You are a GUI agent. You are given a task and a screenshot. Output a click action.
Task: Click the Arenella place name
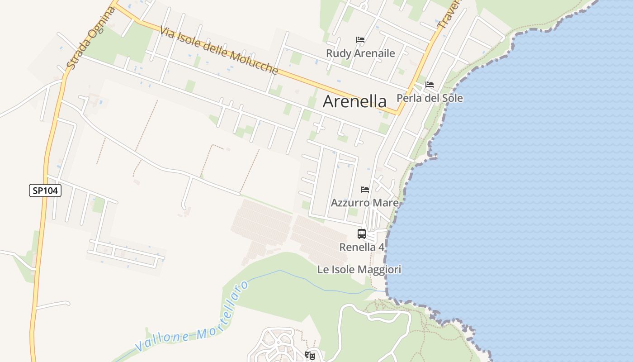354,101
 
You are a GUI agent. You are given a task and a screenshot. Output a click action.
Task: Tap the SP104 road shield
45,191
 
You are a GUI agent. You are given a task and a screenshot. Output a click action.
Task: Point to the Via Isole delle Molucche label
219,50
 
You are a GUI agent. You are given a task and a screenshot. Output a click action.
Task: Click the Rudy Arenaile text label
360,53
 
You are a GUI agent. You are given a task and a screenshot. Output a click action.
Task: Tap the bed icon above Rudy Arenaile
360,40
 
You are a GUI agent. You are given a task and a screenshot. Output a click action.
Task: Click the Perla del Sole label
430,98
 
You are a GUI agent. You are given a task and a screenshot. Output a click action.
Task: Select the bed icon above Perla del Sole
430,85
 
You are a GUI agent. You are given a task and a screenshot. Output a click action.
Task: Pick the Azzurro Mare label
364,203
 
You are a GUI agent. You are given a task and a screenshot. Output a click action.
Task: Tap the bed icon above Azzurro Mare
365,190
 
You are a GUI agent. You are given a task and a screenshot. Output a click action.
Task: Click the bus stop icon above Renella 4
362,234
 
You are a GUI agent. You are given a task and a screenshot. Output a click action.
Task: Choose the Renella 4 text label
362,247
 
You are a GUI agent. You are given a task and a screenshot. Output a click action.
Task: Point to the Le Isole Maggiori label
359,270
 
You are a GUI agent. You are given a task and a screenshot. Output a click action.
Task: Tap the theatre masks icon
310,356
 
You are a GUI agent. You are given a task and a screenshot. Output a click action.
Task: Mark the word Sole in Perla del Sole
453,98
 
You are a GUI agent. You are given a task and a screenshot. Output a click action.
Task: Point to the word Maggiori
380,270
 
